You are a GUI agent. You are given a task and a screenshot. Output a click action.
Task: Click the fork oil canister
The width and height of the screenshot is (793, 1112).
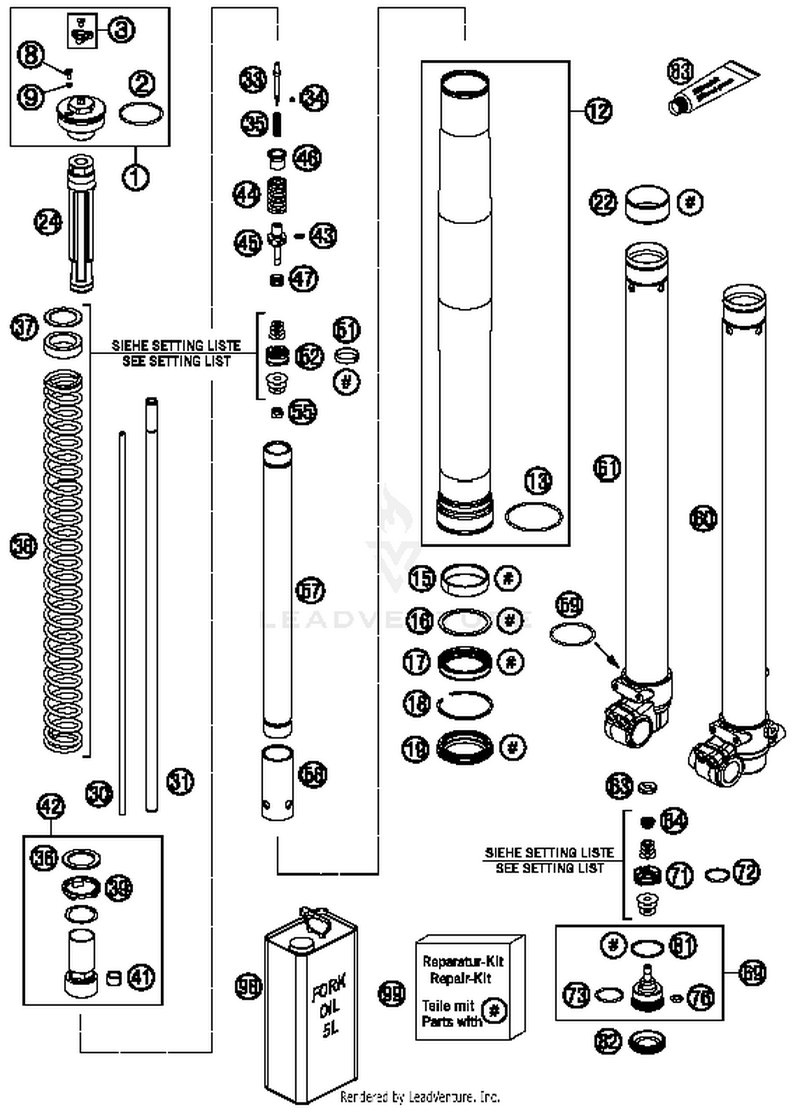(x=310, y=1015)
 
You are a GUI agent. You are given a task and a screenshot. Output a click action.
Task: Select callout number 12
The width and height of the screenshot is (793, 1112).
(x=598, y=111)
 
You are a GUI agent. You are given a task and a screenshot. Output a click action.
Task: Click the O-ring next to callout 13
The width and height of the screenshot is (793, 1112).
(x=533, y=516)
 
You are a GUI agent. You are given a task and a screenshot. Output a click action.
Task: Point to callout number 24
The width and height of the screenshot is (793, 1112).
(x=48, y=222)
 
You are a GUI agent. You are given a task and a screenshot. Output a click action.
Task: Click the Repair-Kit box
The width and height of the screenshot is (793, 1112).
(x=469, y=988)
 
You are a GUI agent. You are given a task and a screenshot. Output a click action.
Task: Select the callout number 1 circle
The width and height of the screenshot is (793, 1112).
(x=135, y=177)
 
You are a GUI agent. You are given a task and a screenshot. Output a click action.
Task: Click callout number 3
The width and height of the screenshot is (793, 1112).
(x=122, y=30)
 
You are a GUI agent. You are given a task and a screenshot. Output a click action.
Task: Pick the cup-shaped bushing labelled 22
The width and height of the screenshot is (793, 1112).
(x=647, y=204)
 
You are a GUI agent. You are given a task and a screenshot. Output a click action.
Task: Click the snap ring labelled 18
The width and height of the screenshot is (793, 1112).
(x=465, y=705)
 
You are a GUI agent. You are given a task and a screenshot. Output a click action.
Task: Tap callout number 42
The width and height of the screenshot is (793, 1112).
(x=51, y=807)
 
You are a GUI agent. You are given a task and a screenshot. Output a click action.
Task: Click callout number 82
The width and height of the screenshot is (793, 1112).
(x=607, y=1041)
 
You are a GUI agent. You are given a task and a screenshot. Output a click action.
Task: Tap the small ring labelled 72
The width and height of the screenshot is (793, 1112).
(x=717, y=876)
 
